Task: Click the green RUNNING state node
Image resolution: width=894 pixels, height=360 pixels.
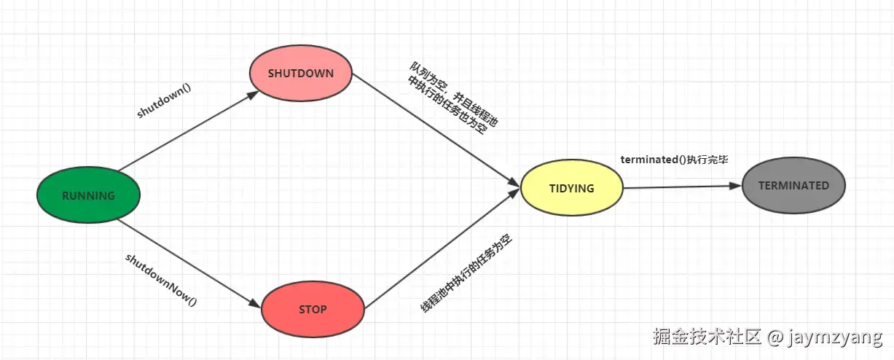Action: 88,195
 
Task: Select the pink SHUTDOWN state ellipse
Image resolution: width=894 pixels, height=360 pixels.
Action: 301,74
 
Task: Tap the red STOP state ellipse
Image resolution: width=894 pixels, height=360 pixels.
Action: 313,310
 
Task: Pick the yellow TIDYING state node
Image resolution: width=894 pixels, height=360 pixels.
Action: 572,189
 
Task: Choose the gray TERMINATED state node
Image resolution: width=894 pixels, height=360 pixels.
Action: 793,186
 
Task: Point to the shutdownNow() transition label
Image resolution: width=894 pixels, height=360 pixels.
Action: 161,278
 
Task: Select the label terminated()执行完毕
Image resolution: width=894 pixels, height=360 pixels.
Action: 674,160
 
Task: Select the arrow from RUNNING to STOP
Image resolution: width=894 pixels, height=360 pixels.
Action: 189,259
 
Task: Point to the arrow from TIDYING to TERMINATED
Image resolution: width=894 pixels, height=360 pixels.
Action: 681,187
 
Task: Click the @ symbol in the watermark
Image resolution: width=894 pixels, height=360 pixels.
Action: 776,338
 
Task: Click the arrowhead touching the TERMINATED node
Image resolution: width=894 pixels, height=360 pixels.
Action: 735,186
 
